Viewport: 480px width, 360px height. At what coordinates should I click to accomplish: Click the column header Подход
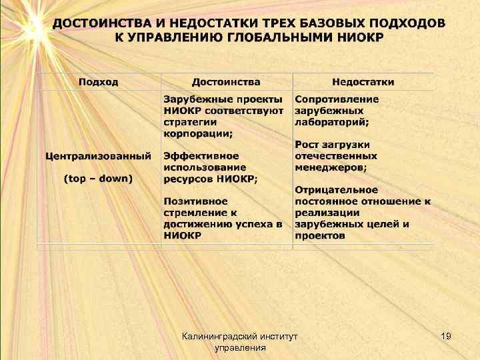[x=99, y=82]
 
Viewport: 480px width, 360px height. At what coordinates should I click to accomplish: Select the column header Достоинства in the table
[x=226, y=82]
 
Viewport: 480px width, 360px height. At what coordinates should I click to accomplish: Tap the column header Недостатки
[x=363, y=82]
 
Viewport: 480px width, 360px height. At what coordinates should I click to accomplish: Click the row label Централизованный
[x=98, y=157]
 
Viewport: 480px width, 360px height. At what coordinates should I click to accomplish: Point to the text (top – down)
[x=98, y=178]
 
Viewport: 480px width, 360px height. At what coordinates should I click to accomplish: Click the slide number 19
[x=446, y=337]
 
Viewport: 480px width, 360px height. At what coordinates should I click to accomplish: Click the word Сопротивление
[x=337, y=99]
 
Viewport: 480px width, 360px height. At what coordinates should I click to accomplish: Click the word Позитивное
[x=195, y=201]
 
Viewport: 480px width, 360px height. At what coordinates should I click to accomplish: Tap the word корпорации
[x=198, y=133]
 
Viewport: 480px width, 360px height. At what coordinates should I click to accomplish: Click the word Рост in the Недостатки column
[x=308, y=145]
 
